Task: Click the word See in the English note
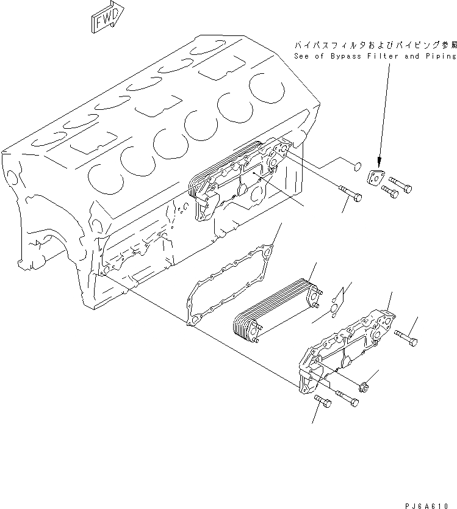pos(303,56)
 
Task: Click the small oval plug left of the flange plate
pos(359,164)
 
